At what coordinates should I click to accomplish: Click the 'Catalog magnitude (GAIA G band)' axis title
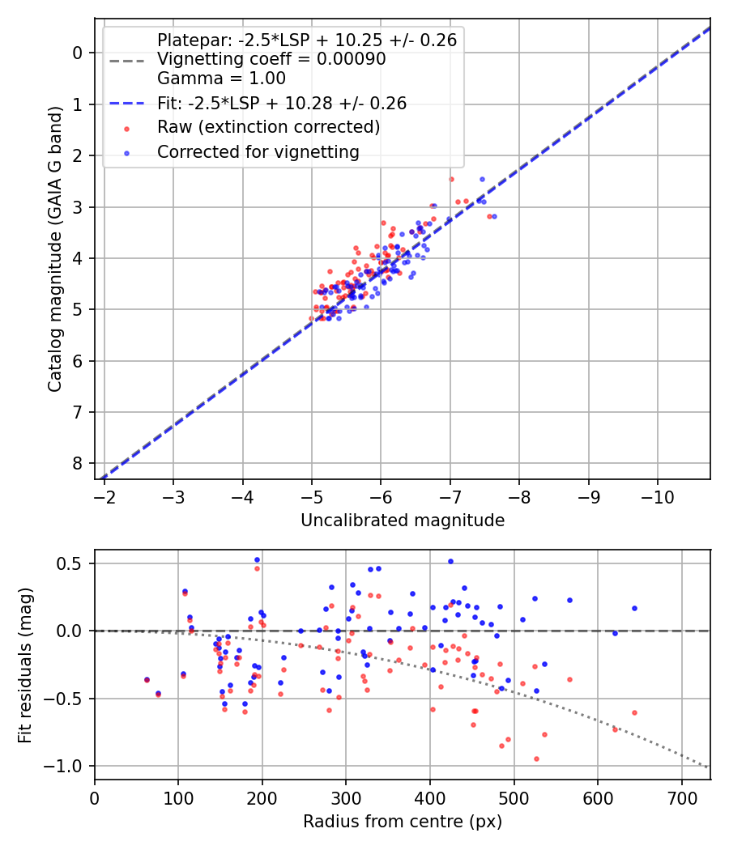click(55, 249)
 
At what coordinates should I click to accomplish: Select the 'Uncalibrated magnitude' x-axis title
click(403, 521)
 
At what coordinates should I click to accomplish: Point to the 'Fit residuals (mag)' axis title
click(25, 665)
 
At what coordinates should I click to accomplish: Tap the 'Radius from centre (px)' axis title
click(403, 822)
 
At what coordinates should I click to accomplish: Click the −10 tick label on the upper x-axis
click(658, 497)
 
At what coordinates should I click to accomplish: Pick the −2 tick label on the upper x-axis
click(104, 497)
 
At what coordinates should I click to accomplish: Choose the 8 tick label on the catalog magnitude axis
click(78, 464)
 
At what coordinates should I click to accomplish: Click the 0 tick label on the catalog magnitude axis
click(78, 53)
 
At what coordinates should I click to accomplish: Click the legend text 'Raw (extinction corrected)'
click(268, 127)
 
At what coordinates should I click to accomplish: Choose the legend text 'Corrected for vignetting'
click(258, 152)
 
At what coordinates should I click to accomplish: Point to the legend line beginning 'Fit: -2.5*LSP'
click(282, 103)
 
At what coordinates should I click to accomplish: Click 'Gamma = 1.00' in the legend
click(221, 78)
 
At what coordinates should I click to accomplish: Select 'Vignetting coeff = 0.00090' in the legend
click(271, 58)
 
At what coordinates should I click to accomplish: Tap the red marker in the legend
click(126, 129)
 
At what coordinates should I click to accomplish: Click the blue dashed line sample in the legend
click(126, 103)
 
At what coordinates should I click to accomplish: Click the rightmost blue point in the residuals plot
click(634, 608)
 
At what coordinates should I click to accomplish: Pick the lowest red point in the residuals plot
click(536, 759)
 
